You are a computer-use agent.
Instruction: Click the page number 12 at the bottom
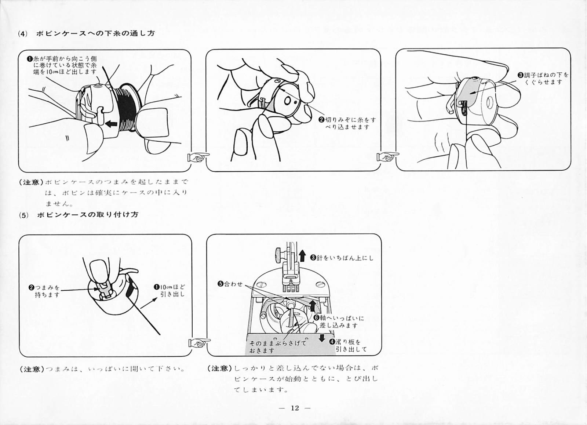295,408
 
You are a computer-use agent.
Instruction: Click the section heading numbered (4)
87,33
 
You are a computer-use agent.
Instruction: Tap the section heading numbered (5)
79,215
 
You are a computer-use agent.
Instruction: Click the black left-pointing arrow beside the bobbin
112,123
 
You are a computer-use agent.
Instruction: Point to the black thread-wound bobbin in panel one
126,108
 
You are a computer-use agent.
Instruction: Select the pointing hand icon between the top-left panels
198,157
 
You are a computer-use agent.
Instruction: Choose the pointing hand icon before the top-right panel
388,156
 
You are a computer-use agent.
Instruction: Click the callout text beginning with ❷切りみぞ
347,123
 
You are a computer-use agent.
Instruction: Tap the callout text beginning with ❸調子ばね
543,79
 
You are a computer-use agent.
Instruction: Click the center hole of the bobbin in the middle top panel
288,101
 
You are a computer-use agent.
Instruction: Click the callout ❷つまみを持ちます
44,291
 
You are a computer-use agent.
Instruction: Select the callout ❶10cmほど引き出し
169,290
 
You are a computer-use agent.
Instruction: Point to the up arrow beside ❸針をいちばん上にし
302,256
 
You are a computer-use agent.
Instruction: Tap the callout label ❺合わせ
230,284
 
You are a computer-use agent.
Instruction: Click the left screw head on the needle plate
262,284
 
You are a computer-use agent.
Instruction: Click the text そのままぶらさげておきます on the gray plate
277,346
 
